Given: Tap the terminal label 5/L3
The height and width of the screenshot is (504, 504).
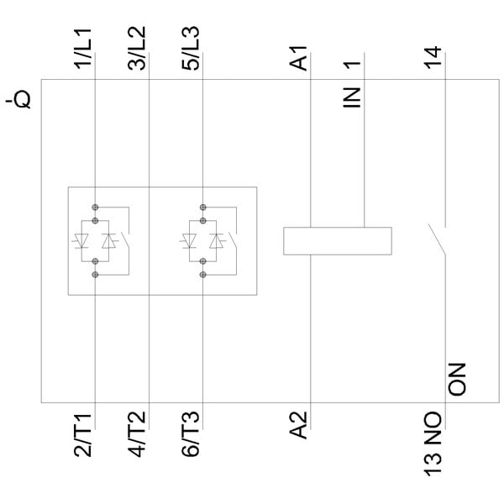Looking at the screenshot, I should pyautogui.click(x=192, y=49).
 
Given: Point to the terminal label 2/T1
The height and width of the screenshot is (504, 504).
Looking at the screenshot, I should pyautogui.click(x=86, y=435).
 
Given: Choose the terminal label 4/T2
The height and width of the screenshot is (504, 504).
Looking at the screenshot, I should pyautogui.click(x=139, y=435).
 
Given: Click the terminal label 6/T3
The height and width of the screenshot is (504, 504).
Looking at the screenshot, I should pyautogui.click(x=192, y=435).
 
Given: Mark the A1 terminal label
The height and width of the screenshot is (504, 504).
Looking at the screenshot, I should pyautogui.click(x=301, y=60).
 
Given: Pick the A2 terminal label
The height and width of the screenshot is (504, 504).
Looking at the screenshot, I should pyautogui.click(x=301, y=424).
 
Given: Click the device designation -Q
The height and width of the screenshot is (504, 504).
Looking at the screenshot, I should pyautogui.click(x=19, y=101).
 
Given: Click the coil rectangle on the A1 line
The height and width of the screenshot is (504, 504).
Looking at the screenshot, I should pyautogui.click(x=337, y=240).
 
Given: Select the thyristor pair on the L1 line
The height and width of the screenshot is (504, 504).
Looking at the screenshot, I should pyautogui.click(x=95, y=240).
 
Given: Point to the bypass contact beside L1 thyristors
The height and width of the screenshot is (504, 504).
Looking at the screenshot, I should pyautogui.click(x=126, y=240).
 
